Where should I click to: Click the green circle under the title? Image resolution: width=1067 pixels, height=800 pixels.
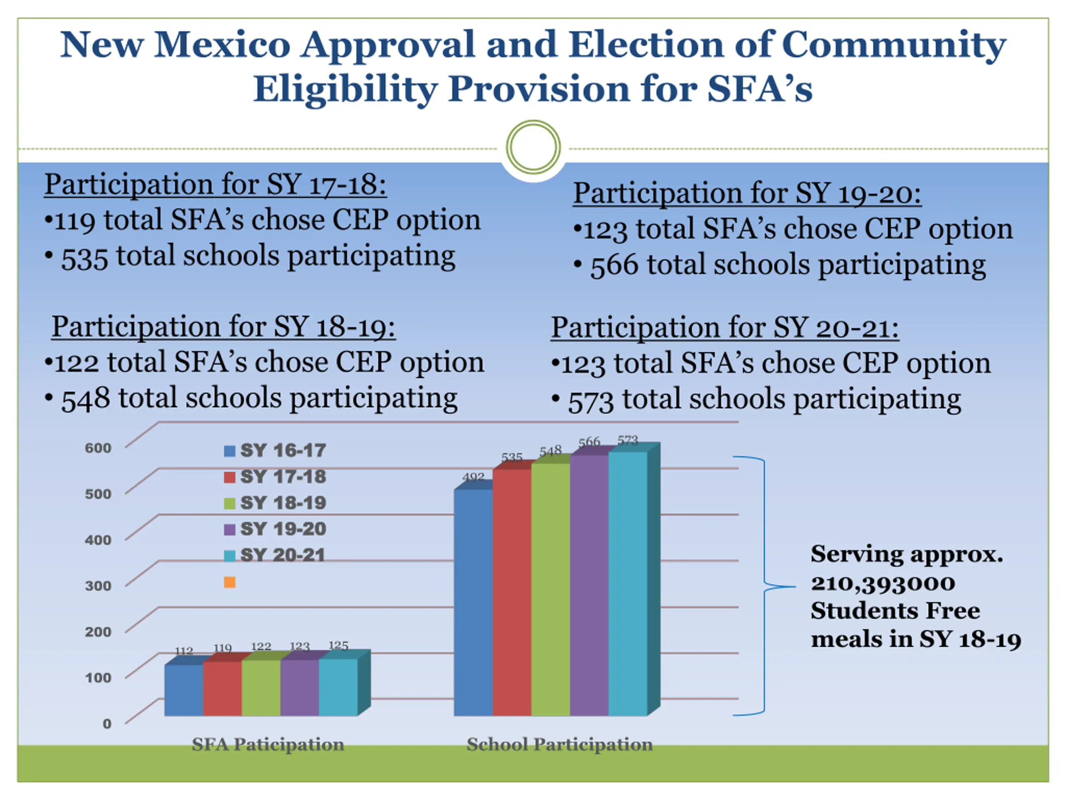pos(533,147)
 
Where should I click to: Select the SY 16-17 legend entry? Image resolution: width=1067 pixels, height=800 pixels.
pos(275,450)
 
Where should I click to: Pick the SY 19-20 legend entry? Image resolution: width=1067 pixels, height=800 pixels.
pos(275,529)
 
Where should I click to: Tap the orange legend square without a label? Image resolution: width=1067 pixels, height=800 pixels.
pos(230,582)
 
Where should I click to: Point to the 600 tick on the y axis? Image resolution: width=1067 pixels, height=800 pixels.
pos(98,448)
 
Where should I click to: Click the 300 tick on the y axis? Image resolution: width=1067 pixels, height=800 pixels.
pos(98,586)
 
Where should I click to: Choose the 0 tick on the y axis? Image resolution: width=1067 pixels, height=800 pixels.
pos(107,723)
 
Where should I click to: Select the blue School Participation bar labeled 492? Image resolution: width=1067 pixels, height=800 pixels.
pos(473,603)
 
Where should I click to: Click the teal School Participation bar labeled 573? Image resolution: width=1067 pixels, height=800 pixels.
pos(628,583)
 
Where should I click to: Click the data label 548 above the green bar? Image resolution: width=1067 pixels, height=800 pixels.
pos(551,451)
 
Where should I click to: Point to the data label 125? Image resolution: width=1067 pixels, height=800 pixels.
pos(338,645)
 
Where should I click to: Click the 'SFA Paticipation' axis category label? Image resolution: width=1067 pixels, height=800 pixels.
pos(268,745)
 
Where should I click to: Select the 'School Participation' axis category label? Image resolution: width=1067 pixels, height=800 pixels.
pos(559,745)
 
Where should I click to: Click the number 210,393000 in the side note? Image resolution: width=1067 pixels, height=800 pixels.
pos(882,583)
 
